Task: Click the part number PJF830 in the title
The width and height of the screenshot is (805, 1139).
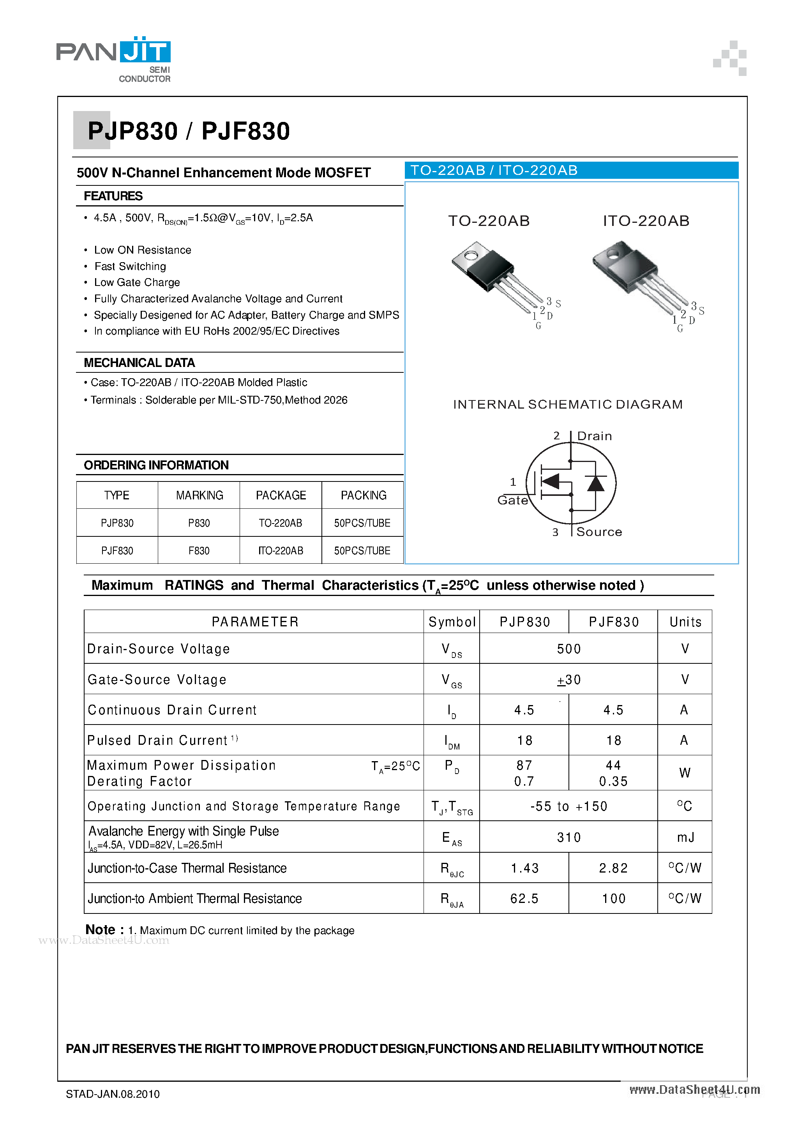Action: point(245,131)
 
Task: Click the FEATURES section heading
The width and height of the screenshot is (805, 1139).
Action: point(113,196)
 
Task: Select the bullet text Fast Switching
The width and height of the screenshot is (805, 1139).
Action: point(130,266)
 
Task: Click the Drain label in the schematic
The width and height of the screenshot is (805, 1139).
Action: point(594,436)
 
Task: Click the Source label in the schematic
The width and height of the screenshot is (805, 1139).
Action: point(599,532)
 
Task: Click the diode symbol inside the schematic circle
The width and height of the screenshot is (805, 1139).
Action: point(595,483)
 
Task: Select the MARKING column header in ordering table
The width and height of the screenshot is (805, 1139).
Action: point(199,495)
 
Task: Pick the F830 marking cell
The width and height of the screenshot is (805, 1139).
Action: point(199,551)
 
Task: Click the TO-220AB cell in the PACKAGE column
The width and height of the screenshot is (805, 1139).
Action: point(281,523)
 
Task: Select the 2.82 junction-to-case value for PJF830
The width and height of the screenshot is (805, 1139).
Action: point(613,868)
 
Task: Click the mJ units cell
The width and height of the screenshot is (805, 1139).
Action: point(685,837)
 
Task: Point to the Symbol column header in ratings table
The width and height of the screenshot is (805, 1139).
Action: point(452,622)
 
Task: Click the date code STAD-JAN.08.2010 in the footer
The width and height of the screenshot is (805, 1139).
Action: point(113,1094)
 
